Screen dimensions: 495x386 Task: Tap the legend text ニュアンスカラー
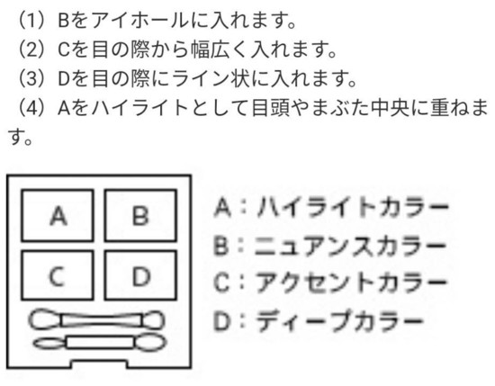(350, 246)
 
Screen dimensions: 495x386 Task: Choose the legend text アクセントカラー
(351, 283)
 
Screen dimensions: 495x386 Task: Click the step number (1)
(31, 22)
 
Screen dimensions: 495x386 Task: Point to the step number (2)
(31, 49)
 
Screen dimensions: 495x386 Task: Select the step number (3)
(31, 78)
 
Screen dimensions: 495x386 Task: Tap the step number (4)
(31, 107)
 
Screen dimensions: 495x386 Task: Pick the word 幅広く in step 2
(220, 49)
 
